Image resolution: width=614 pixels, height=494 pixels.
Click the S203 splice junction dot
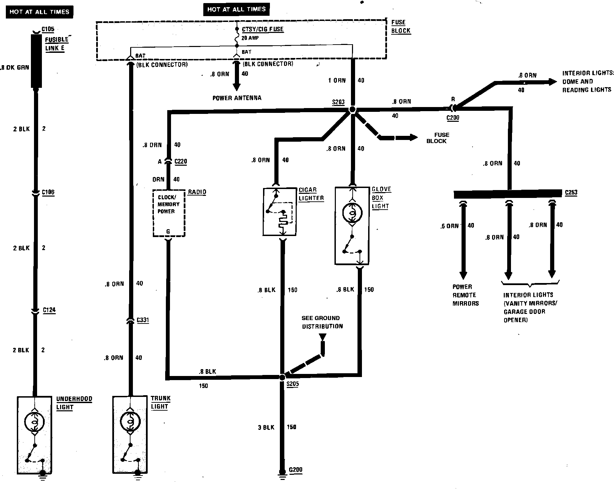coord(352,110)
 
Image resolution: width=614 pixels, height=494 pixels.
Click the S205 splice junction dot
coord(282,377)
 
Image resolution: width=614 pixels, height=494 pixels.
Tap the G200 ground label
coord(296,470)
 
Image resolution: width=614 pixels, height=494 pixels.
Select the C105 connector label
coord(48,30)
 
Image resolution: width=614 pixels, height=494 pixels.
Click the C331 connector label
coord(143,320)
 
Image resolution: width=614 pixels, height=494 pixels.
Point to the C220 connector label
coord(181,162)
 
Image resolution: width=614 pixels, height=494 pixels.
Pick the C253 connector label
coord(571,192)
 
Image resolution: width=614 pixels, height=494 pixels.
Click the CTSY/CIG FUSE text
coord(263,29)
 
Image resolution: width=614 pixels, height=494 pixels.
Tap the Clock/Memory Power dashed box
coord(169,213)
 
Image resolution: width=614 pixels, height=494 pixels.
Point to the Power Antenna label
coord(237,98)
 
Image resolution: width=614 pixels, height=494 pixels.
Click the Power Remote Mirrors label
coord(465,295)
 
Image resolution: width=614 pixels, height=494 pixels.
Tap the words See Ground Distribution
coord(322,322)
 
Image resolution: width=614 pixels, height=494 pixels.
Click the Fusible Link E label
coord(57,44)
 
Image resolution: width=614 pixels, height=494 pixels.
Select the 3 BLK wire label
coord(266,427)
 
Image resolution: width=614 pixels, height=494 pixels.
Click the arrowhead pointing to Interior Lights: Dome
coord(553,82)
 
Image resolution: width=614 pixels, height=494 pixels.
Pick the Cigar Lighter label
coord(311,194)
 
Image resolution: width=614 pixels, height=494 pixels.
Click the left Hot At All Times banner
coord(39,12)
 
